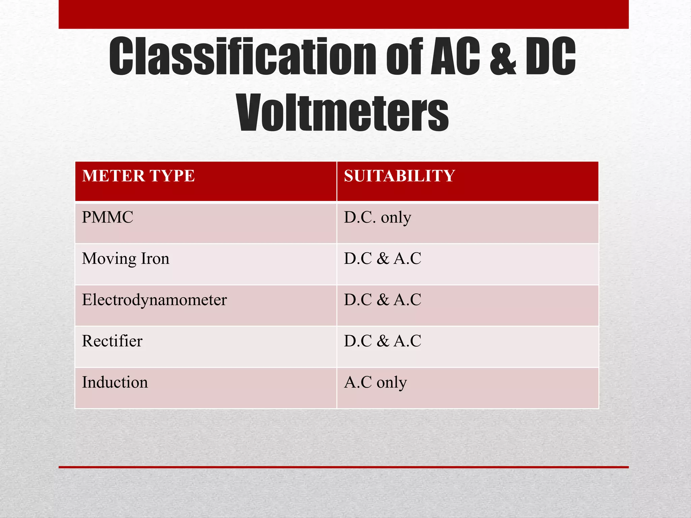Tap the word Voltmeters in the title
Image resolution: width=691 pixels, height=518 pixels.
343,113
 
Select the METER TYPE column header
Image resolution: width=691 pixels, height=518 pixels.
138,176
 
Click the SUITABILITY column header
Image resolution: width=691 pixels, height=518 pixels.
399,176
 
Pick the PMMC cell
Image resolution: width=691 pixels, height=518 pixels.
108,218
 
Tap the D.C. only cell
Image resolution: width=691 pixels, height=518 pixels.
378,218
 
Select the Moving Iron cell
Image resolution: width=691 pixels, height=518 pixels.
126,259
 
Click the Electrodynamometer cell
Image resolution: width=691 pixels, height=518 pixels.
154,300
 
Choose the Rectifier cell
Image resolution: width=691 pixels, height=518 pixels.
112,341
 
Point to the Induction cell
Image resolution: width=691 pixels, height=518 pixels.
115,382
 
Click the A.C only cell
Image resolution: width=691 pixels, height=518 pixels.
375,382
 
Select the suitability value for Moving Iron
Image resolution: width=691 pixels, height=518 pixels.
383,259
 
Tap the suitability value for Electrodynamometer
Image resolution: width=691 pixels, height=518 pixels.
383,300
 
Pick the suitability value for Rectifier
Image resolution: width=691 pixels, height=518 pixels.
383,341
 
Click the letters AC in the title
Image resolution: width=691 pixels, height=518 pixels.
455,56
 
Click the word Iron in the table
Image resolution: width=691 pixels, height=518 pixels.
155,259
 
